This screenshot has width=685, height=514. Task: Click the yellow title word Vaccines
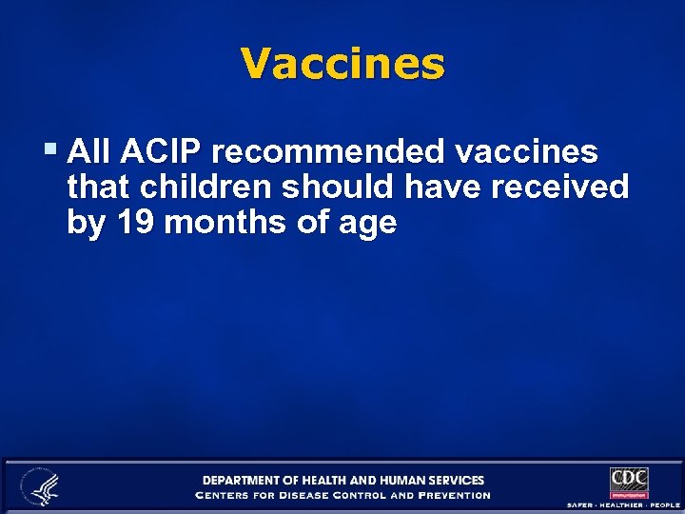click(x=342, y=65)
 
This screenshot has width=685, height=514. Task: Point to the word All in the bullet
click(x=89, y=151)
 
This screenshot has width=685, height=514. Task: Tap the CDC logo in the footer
click(x=629, y=482)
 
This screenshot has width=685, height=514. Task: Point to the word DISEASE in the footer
click(x=313, y=495)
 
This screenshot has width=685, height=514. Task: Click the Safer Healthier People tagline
click(x=623, y=504)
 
